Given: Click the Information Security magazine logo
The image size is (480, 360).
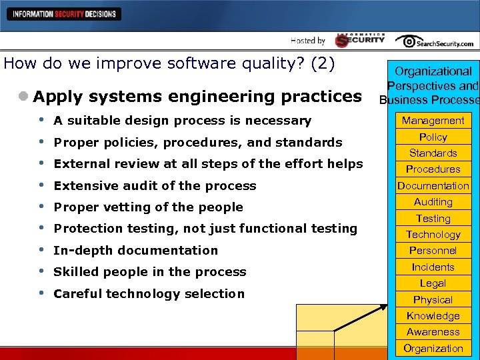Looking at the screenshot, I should tap(360, 40).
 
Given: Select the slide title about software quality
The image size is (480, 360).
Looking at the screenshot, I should tap(169, 64).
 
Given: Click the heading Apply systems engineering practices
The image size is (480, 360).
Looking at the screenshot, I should tap(197, 97).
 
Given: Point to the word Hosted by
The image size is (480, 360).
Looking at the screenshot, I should tap(308, 41).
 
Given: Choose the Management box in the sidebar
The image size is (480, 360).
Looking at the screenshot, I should tap(433, 121).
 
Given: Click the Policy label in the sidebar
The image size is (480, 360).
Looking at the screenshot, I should tap(433, 137).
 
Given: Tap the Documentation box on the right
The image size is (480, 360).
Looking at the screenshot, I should tap(433, 186).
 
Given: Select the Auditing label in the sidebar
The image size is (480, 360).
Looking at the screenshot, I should tap(433, 202).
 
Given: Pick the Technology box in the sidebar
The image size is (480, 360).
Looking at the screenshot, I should tap(433, 235).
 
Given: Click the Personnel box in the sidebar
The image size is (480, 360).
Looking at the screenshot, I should tap(433, 251).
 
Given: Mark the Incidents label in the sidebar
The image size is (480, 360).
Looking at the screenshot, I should tap(433, 267).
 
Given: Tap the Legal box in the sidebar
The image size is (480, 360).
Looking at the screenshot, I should tap(433, 283).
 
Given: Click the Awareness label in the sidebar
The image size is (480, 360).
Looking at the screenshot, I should tap(433, 332).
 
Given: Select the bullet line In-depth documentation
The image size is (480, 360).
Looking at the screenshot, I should tap(135, 251).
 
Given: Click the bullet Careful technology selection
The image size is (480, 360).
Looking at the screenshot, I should tap(149, 294).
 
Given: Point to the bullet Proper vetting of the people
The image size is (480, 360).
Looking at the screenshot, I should tap(148, 207).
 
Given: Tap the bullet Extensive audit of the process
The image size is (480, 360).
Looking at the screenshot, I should tap(155, 186).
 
